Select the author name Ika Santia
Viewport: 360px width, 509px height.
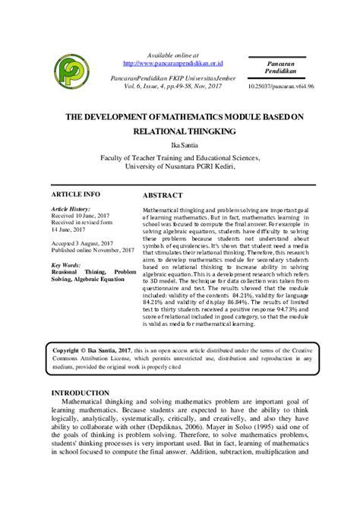pyautogui.click(x=180, y=143)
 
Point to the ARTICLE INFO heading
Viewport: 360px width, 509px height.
pyautogui.click(x=75, y=194)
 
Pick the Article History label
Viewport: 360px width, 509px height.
pyautogui.click(x=71, y=208)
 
